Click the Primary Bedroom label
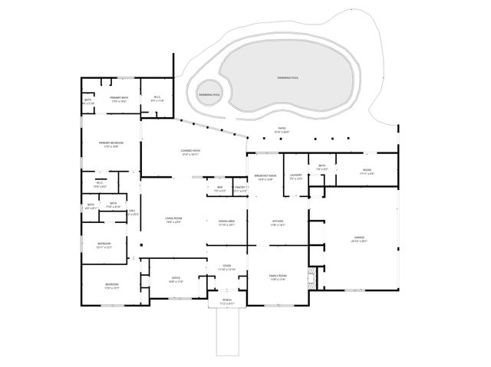point(111,143)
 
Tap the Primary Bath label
point(119,98)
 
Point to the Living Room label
point(173,219)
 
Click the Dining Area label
point(226,221)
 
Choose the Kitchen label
point(277,222)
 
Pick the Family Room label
point(277,276)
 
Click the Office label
point(175,279)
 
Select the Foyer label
point(226,267)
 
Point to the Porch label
point(226,300)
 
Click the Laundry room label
point(295,177)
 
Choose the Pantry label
point(239,188)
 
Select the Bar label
point(219,188)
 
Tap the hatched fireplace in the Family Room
point(311,277)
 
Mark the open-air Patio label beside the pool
point(282,129)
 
